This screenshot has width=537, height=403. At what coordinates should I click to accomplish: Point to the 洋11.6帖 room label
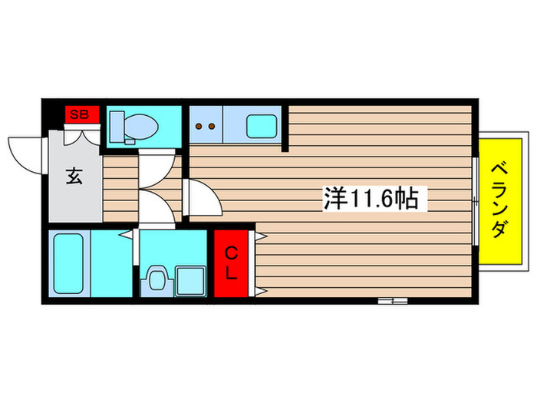pyautogui.click(x=371, y=200)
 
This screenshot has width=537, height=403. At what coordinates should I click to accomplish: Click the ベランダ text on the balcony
pyautogui.click(x=499, y=199)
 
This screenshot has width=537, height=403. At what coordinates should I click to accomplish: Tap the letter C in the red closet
pyautogui.click(x=232, y=252)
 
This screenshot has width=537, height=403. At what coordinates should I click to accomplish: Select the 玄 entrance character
pyautogui.click(x=74, y=176)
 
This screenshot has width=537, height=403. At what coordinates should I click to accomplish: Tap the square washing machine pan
pyautogui.click(x=189, y=279)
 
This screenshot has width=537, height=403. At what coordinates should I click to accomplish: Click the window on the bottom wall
pyautogui.click(x=391, y=300)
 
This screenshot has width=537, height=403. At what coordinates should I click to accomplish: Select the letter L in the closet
pyautogui.click(x=232, y=273)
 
